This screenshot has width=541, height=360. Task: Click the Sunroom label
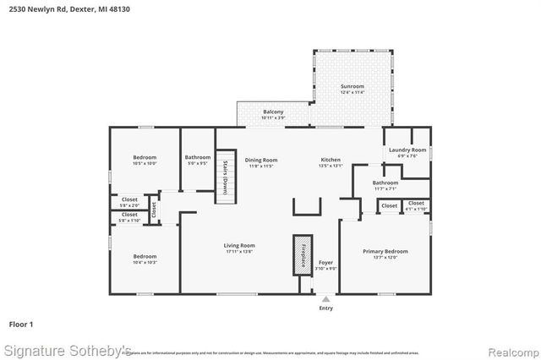pos(352,87)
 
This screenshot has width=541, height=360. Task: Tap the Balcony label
pos(273,112)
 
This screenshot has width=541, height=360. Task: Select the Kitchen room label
pos(331,160)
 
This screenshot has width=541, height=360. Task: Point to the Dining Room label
pos(261,160)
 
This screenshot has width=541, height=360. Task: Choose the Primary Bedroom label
pos(385,251)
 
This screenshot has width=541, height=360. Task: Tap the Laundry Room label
pos(407,150)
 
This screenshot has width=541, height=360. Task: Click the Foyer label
pos(325,263)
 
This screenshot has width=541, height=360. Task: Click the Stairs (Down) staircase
pos(225,176)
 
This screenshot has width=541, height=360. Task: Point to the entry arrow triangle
pos(325,297)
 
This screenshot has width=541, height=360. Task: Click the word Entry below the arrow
pos(325,308)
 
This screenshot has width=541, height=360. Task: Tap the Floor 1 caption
pos(21,324)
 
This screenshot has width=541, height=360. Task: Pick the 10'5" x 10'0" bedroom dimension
pos(145,163)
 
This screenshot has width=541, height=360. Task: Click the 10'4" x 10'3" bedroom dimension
pos(145,263)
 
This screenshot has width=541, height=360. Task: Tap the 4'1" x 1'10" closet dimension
pos(416,209)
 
